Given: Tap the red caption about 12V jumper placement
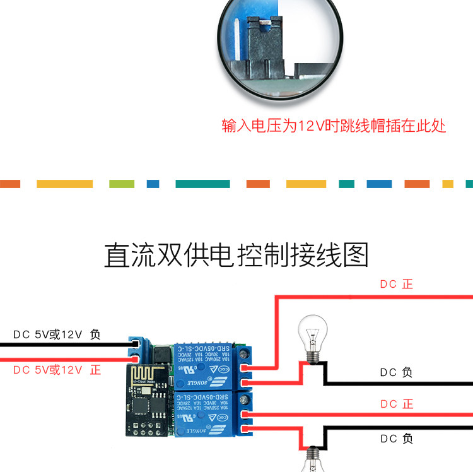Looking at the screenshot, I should (334, 126).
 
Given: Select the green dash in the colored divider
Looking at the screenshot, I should (121, 184).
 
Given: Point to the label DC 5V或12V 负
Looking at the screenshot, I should (57, 334).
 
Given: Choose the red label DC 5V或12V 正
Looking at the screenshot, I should (57, 370).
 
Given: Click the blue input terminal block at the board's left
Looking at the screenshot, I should (137, 350).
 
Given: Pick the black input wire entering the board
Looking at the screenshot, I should (63, 345).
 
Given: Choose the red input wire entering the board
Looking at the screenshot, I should (63, 358).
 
